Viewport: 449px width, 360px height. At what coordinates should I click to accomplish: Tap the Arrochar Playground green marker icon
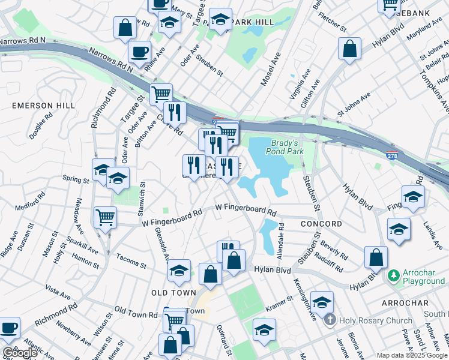394,275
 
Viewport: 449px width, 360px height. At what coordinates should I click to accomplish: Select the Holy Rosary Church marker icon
330,320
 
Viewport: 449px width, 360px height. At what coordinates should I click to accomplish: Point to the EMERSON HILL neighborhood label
44,106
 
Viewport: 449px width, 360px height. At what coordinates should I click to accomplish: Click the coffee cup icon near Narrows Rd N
140,52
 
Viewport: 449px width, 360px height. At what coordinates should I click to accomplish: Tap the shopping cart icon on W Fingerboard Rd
106,217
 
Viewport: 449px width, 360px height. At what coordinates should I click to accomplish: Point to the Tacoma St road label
132,265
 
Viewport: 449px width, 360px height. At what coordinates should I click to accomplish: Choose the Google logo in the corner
20,353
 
